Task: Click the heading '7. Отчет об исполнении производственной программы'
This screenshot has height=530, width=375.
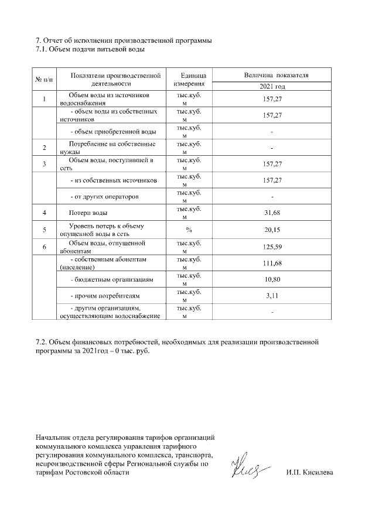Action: coord(124,40)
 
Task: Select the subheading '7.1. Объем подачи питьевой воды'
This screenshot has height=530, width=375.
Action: coord(90,49)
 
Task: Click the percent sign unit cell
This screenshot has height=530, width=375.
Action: coord(189,230)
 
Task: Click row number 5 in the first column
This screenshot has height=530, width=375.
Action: coord(44,230)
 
